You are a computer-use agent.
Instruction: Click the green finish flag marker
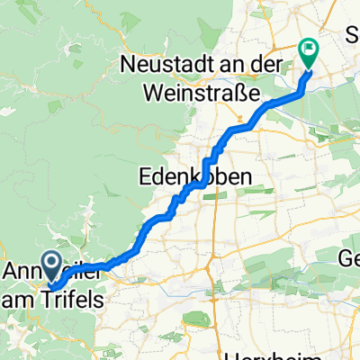(308, 53)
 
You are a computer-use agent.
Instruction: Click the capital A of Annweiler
(13, 271)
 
